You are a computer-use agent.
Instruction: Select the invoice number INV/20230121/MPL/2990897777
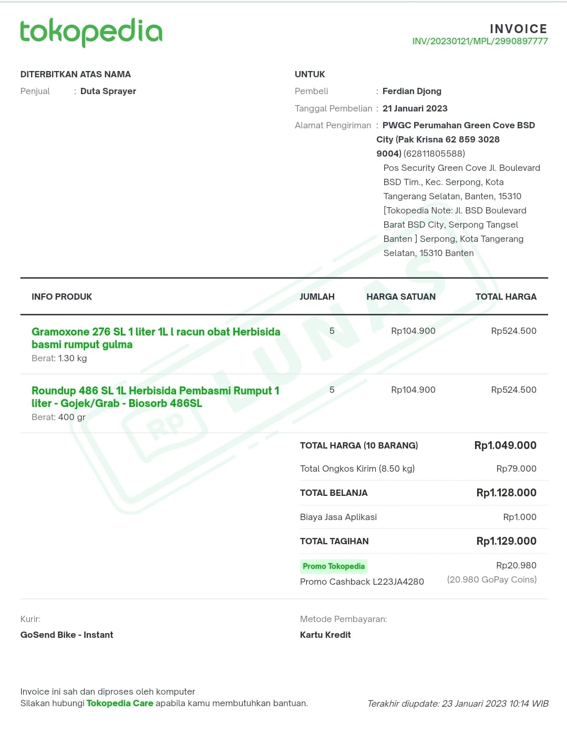(480, 42)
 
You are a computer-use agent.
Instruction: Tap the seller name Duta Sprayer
(108, 91)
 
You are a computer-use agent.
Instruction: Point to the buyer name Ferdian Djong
(411, 91)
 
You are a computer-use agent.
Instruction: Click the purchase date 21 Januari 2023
(415, 108)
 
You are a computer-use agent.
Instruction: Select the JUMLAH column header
(317, 297)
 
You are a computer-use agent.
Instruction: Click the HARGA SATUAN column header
(400, 297)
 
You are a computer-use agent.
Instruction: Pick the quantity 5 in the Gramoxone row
(332, 331)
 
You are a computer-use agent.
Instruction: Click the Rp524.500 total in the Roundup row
(513, 390)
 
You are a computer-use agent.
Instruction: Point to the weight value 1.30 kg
(73, 358)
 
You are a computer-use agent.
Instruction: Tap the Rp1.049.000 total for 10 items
(505, 445)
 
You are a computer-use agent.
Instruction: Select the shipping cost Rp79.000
(516, 469)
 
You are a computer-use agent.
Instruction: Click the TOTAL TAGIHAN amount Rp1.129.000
(506, 541)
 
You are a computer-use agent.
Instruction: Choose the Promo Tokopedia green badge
(333, 566)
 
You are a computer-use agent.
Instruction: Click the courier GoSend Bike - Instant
(67, 635)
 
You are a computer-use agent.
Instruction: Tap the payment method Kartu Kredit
(325, 635)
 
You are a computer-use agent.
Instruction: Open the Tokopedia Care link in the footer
(120, 703)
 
